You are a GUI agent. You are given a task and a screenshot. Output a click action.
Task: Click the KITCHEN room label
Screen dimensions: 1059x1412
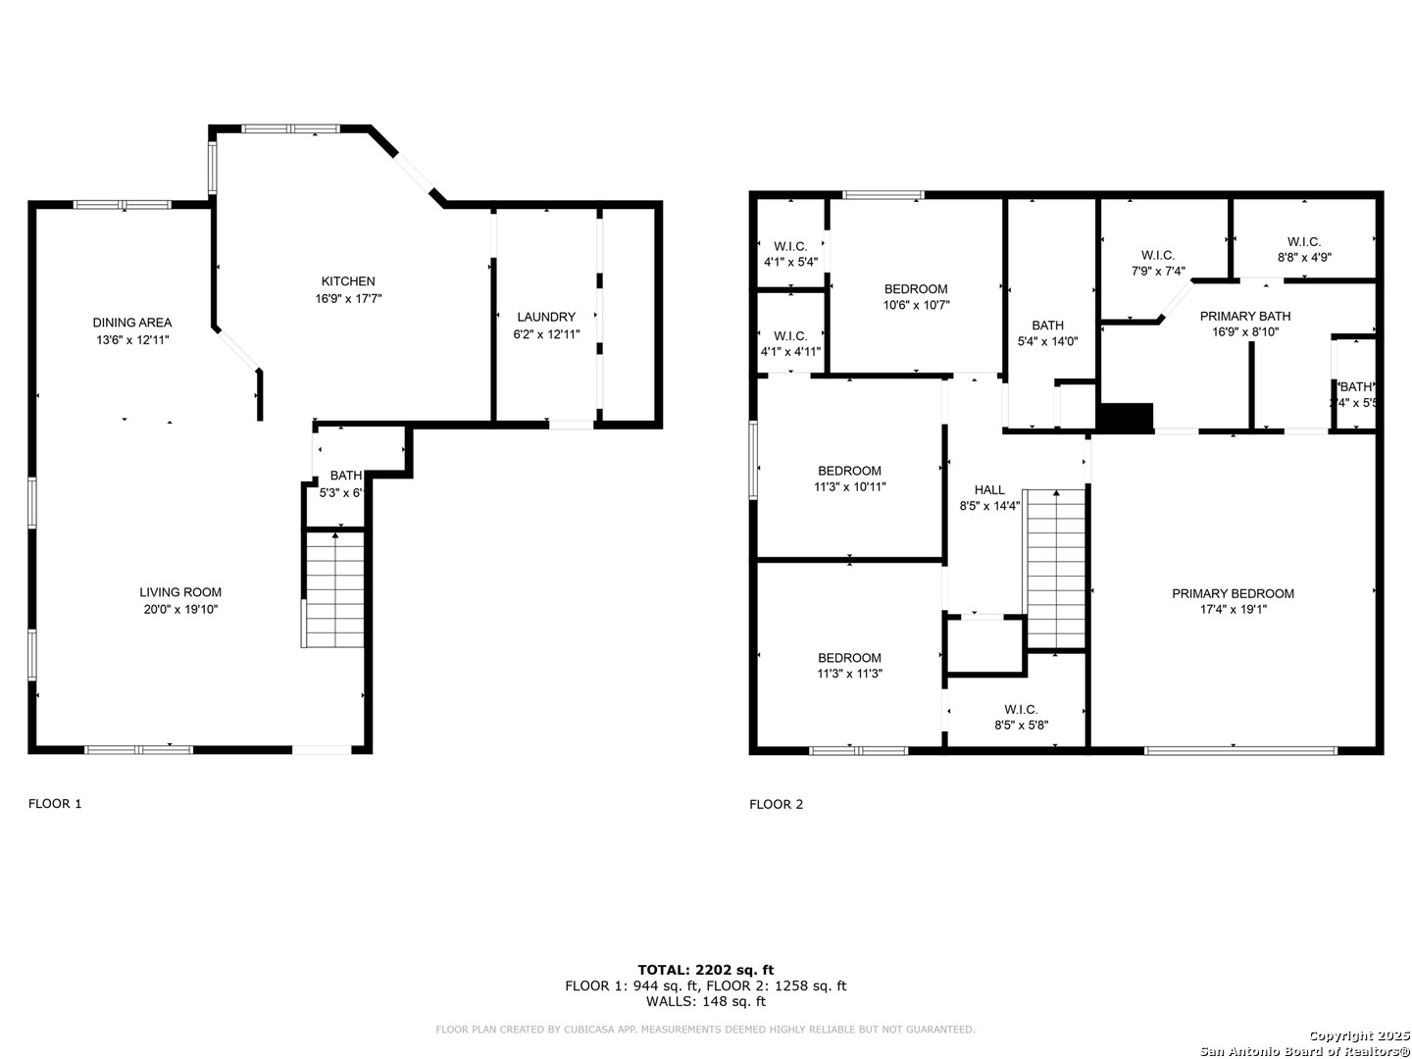(x=348, y=281)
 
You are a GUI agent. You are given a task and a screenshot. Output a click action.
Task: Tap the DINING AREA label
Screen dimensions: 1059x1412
(x=132, y=323)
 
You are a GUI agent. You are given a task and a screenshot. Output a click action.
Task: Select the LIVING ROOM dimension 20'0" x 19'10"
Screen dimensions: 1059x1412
(x=180, y=609)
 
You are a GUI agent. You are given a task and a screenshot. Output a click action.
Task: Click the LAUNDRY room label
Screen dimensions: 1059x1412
(x=546, y=317)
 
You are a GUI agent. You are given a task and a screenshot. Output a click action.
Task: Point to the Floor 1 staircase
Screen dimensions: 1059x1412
(x=335, y=588)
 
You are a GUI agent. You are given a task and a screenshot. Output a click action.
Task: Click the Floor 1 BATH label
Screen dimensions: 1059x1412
(x=345, y=476)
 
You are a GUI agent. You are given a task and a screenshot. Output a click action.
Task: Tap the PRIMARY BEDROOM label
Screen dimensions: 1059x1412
(x=1233, y=593)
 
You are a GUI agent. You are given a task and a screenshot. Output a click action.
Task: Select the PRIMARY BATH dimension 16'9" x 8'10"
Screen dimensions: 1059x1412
(x=1244, y=331)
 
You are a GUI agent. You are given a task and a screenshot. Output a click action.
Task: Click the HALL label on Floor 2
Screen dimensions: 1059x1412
(x=989, y=490)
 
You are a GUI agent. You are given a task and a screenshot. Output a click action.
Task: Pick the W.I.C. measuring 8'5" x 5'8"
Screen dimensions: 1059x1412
(x=1021, y=718)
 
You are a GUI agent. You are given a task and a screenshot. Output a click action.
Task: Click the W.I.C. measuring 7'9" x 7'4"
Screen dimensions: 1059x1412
(x=1158, y=263)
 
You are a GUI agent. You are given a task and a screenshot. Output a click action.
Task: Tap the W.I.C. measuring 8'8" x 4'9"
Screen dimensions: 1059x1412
(x=1303, y=249)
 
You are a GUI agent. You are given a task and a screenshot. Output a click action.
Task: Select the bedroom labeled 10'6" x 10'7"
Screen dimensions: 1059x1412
(x=916, y=296)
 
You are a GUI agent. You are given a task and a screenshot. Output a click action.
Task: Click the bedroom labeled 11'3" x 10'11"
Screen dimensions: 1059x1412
(x=849, y=479)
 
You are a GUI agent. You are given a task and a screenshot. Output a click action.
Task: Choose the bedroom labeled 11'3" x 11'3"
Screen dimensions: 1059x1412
(x=849, y=666)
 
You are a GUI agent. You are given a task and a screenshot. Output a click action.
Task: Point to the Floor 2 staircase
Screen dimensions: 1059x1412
(x=1056, y=569)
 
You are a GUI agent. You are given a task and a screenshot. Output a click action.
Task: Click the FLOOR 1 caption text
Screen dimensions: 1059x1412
(x=55, y=804)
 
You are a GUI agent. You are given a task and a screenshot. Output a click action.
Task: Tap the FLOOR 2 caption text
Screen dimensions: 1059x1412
(x=776, y=804)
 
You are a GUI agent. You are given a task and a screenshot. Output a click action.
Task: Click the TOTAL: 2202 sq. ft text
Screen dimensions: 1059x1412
(x=705, y=970)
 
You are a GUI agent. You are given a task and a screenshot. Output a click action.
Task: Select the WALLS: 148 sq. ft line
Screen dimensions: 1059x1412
(x=705, y=1001)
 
